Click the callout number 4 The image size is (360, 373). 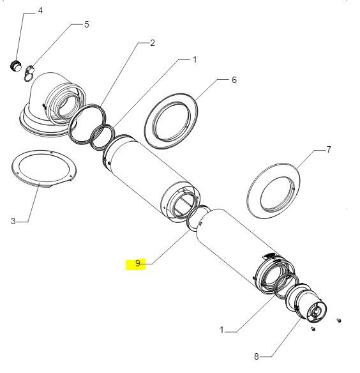tap(40, 11)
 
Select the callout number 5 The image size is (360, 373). tap(87, 24)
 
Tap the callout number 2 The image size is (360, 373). tap(152, 43)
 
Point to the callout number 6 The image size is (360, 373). tap(234, 80)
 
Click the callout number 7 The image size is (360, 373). tap(328, 149)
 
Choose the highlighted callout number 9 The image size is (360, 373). tap(138, 263)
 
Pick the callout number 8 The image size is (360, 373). tap(257, 356)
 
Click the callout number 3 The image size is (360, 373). tap(13, 221)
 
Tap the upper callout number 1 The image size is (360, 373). tap(195, 59)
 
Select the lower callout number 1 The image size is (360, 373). tap(221, 330)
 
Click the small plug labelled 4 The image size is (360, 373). tap(16, 65)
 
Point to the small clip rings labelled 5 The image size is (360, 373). tap(29, 73)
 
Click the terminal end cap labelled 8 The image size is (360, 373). tap(307, 305)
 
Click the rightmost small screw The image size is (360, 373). tap(339, 321)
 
